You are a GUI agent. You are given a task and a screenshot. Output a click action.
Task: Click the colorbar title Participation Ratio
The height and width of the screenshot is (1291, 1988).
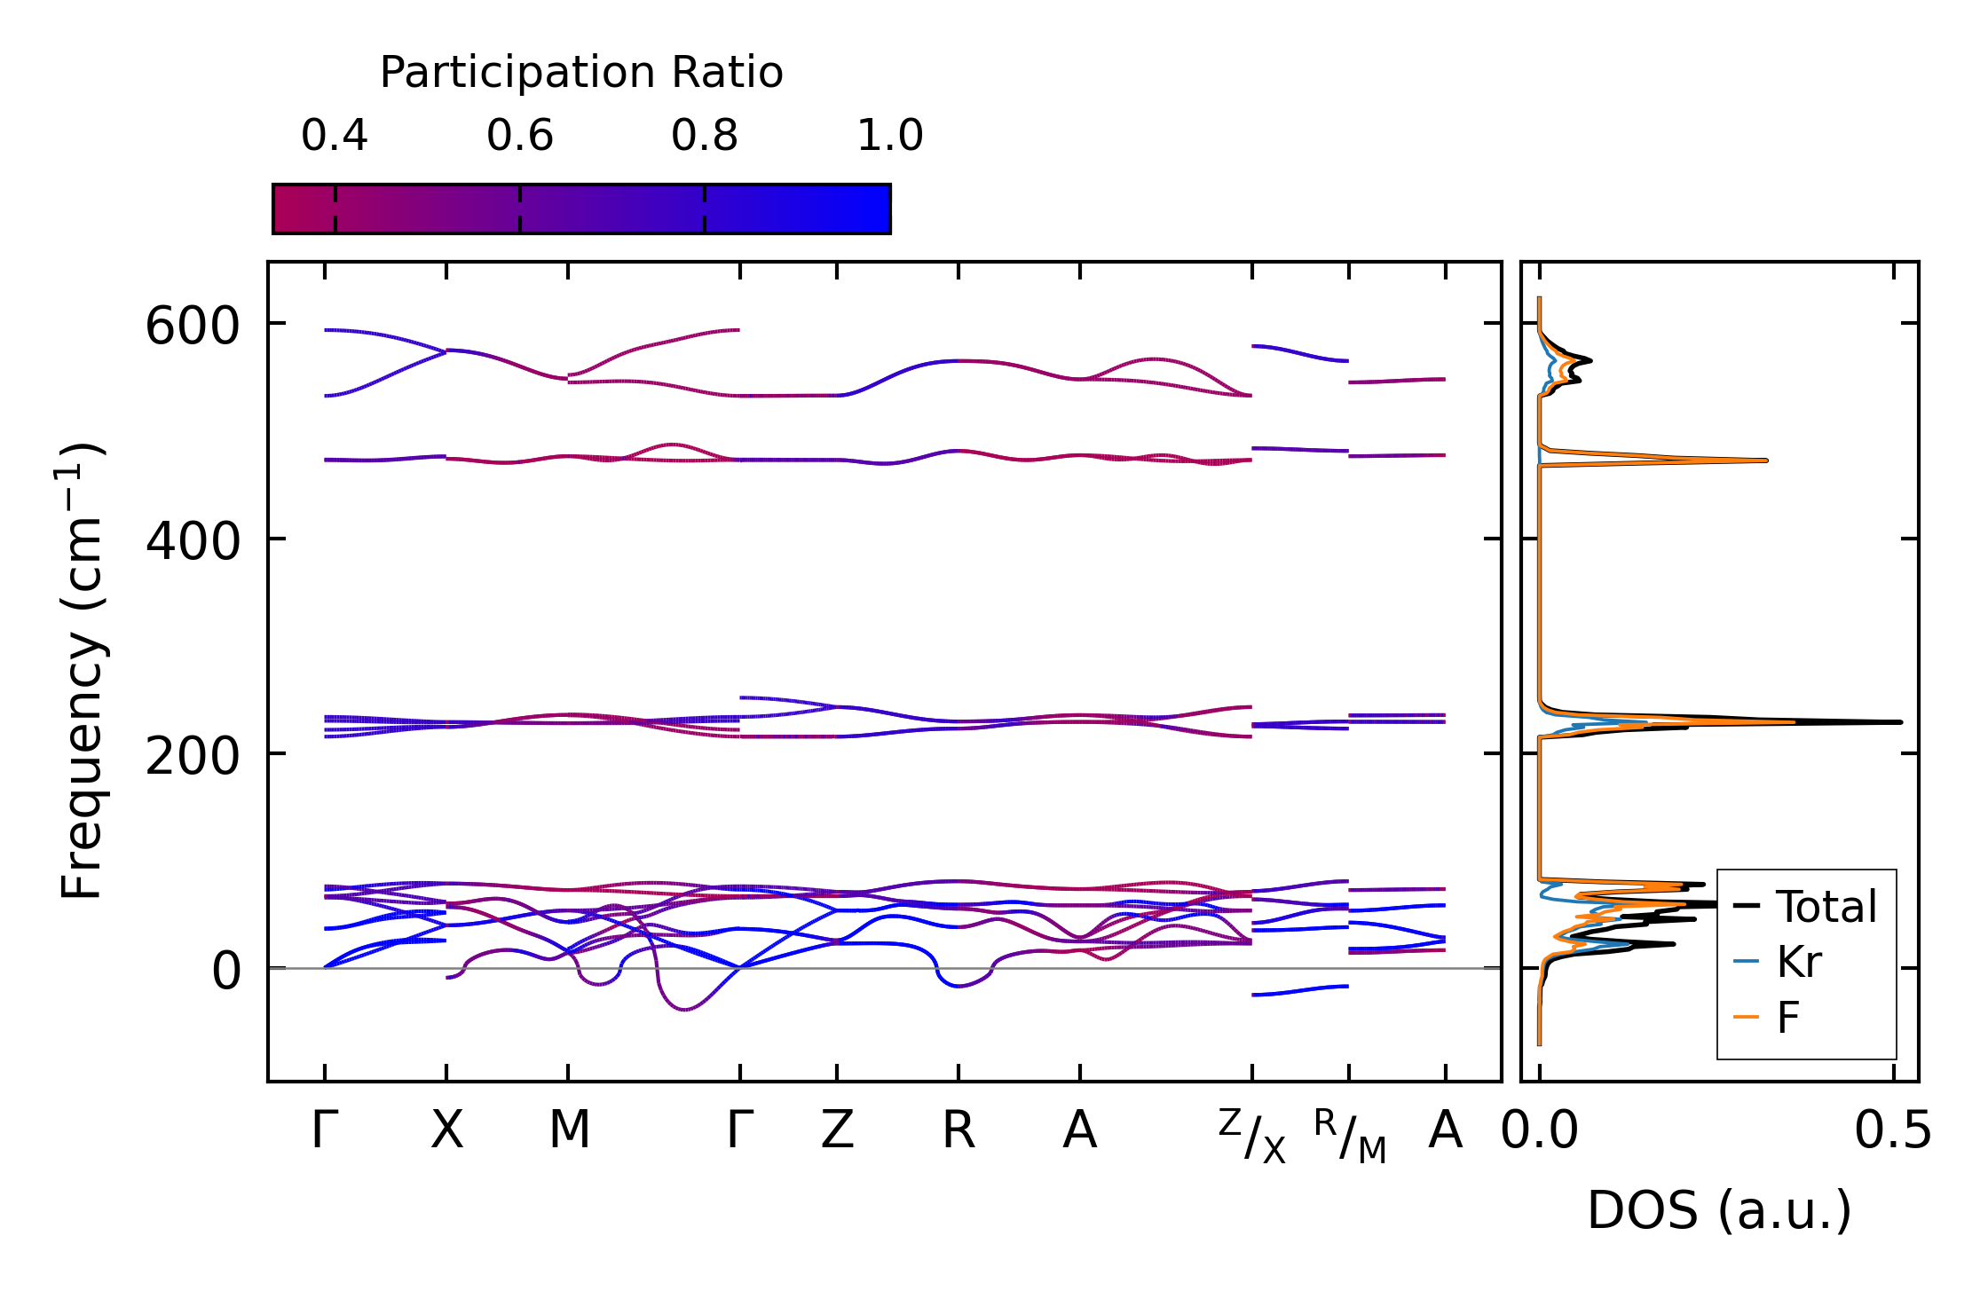(581, 72)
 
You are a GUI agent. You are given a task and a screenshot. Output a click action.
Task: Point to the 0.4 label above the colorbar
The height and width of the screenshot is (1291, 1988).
(335, 136)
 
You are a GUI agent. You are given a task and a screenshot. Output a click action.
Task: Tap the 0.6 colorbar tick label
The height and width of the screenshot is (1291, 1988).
(520, 136)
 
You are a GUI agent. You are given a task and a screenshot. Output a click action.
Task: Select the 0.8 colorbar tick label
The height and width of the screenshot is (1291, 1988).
(705, 136)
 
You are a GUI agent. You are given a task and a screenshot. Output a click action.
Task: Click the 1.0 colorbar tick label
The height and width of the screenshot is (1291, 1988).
(890, 136)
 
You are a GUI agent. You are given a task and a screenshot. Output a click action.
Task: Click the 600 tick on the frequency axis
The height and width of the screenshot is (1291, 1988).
(193, 326)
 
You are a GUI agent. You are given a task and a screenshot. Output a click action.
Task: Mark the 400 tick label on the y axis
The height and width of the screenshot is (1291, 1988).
(193, 540)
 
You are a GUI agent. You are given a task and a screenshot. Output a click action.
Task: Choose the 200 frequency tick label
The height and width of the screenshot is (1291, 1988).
(193, 756)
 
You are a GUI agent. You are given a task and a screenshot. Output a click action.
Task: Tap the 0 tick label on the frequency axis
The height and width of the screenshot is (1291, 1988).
(226, 971)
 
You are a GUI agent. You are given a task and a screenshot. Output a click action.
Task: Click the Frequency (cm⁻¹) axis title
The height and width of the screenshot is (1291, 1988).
(83, 671)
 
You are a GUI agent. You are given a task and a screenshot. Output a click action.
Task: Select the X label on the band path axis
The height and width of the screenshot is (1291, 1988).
(446, 1130)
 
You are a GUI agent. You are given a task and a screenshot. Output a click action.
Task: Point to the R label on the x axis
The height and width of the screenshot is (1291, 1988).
(958, 1130)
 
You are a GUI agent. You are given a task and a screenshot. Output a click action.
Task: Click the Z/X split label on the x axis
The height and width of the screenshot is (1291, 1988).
(1251, 1136)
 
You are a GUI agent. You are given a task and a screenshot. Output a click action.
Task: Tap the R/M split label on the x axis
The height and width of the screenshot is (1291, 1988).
(1349, 1136)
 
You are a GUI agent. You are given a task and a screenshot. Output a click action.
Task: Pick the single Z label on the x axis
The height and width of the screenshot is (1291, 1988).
(837, 1130)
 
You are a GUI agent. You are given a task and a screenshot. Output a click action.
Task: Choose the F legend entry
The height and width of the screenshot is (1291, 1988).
(1787, 1017)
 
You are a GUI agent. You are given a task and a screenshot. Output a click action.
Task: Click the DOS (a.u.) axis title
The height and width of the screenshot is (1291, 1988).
(1719, 1210)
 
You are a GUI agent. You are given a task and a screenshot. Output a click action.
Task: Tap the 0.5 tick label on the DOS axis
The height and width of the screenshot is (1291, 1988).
(1892, 1130)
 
